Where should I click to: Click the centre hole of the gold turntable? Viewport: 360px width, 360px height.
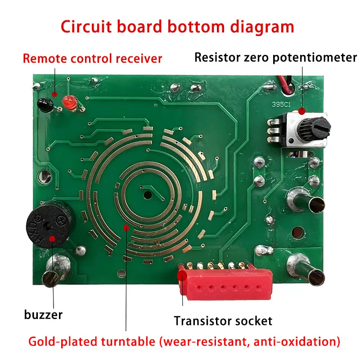[147, 194]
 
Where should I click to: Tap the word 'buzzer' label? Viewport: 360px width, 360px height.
[43, 314]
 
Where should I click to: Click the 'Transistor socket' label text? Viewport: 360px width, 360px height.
[223, 321]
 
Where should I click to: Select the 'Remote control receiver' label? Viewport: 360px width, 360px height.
[92, 58]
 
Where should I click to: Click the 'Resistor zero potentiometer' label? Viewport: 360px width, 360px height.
[275, 58]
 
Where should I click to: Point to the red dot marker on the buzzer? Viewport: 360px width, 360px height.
[53, 239]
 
